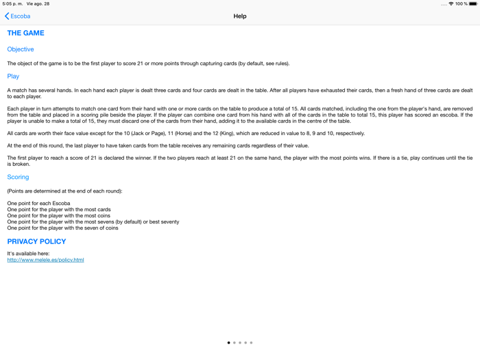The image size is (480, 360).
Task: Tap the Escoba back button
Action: [18, 16]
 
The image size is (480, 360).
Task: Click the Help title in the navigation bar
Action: [240, 16]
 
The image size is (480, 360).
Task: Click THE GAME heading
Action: [25, 33]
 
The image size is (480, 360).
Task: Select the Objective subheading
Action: [21, 49]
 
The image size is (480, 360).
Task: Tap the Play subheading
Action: [13, 77]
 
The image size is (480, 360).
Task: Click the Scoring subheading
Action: [18, 177]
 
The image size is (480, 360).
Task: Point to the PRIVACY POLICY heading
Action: [36, 241]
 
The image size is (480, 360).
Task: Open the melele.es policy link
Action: [45, 260]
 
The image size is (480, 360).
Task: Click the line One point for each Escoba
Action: [38, 204]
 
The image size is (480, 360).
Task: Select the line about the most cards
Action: [59, 210]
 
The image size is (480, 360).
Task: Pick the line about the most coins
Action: [59, 216]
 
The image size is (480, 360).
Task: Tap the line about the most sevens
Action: [93, 222]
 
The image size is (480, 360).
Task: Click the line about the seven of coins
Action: [62, 228]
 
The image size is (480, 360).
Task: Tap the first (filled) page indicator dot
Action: [229, 343]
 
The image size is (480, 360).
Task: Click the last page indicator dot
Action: [252, 343]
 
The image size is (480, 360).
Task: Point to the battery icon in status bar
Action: [473, 4]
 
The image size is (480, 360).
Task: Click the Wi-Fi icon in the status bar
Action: [451, 4]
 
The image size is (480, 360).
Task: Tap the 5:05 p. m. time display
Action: [12, 4]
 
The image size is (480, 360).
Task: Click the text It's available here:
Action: [28, 254]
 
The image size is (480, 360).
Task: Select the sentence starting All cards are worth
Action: [186, 134]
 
